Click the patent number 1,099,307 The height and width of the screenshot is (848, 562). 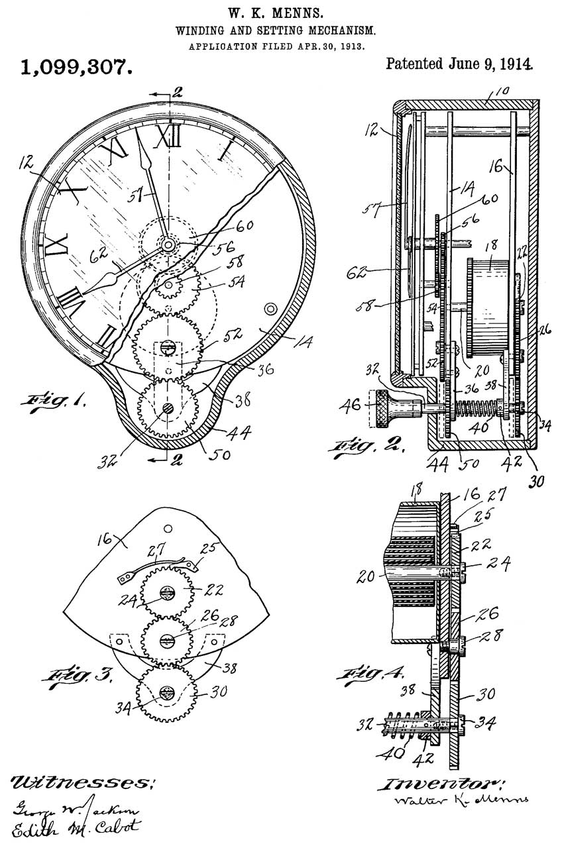coord(74,67)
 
